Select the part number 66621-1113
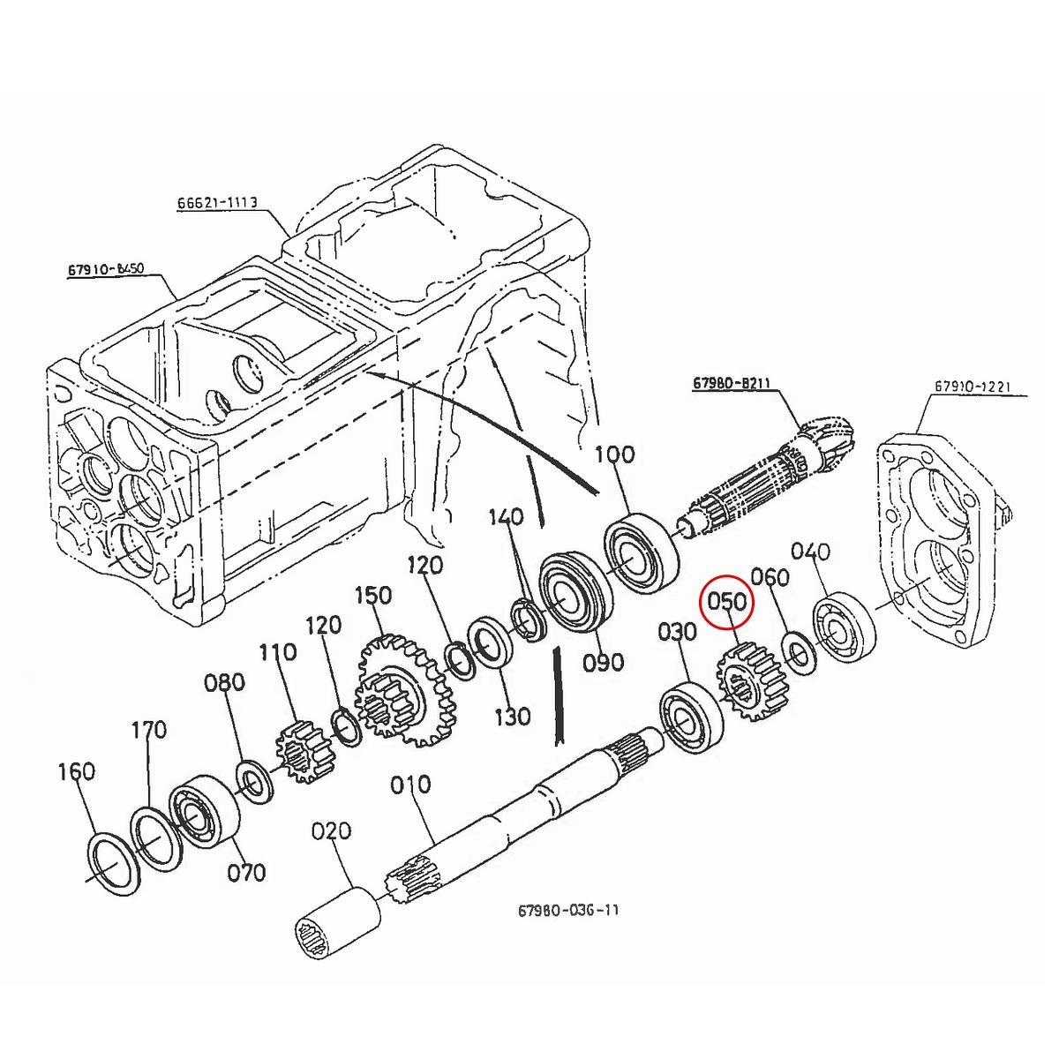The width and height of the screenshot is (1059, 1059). pyautogui.click(x=216, y=202)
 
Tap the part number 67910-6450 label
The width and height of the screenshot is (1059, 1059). pyautogui.click(x=106, y=268)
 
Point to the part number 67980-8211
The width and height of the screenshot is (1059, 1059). pyautogui.click(x=732, y=383)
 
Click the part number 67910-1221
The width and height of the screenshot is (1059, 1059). pyautogui.click(x=973, y=387)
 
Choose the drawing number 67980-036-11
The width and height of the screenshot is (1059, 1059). pyautogui.click(x=568, y=910)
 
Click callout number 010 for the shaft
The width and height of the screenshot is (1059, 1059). pyautogui.click(x=410, y=784)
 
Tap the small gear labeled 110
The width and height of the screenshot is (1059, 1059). pyautogui.click(x=301, y=750)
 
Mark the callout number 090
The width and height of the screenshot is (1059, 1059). pyautogui.click(x=604, y=662)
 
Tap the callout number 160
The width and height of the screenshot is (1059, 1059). pyautogui.click(x=77, y=771)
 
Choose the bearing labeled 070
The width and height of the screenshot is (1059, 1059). pyautogui.click(x=205, y=812)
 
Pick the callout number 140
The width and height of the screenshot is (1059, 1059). pyautogui.click(x=507, y=516)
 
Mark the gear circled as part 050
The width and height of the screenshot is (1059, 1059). pyautogui.click(x=751, y=682)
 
